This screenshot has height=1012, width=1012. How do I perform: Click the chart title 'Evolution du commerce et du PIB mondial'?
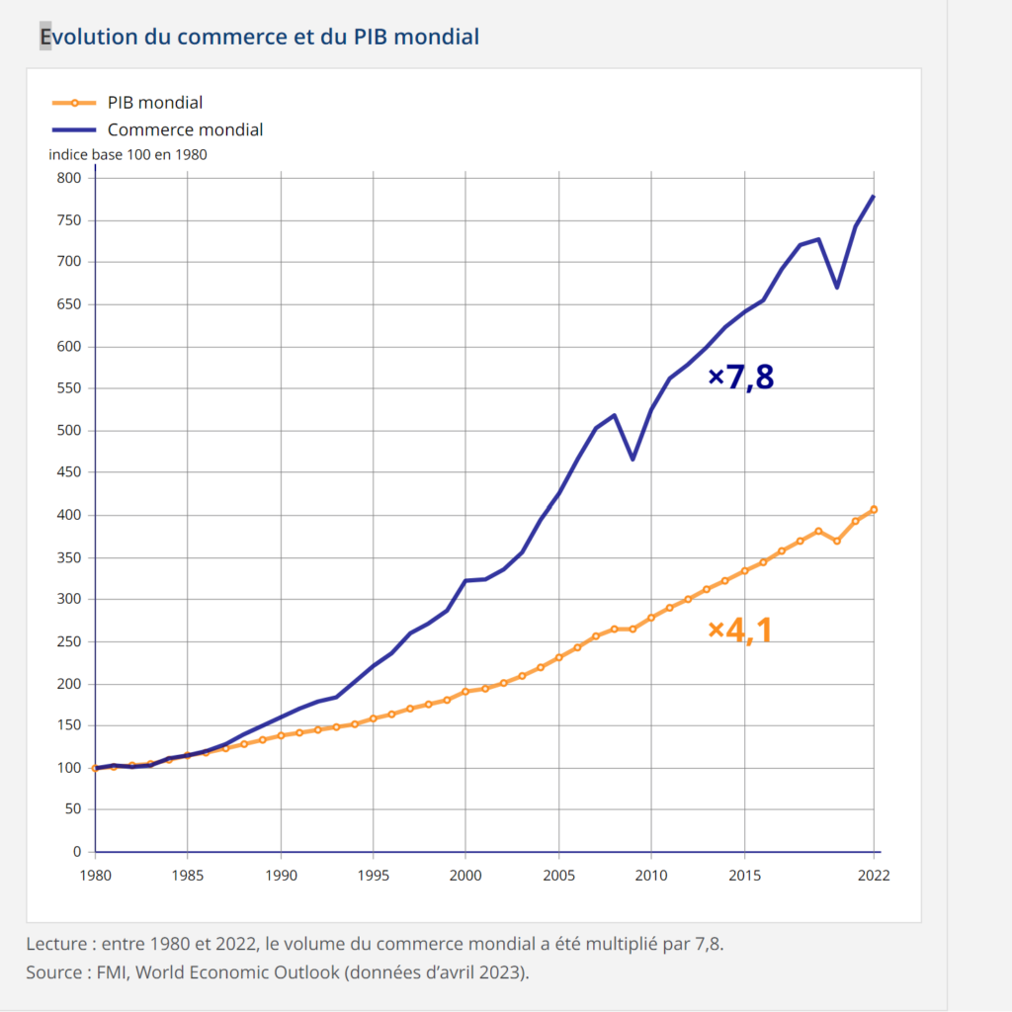(x=259, y=37)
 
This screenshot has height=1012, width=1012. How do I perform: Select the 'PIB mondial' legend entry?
(x=154, y=102)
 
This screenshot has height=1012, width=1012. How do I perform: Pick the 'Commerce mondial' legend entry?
(x=185, y=129)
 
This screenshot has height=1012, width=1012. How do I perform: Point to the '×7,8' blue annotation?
(x=741, y=377)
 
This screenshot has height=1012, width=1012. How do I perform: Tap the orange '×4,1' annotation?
(x=739, y=630)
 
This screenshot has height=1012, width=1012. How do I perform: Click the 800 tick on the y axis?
(x=68, y=178)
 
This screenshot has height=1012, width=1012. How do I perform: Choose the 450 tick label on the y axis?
(x=68, y=472)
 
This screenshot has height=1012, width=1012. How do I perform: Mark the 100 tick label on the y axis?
(x=68, y=768)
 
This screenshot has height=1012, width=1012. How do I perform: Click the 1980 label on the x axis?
(x=95, y=876)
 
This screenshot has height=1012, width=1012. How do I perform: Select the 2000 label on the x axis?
(x=465, y=876)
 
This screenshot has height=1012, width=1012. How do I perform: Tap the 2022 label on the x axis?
(x=874, y=876)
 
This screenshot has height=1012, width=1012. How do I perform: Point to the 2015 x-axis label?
(x=744, y=876)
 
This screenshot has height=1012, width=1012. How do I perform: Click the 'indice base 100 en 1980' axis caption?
(x=127, y=154)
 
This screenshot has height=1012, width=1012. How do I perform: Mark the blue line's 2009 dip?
(x=632, y=460)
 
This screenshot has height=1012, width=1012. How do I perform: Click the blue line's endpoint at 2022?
(x=874, y=196)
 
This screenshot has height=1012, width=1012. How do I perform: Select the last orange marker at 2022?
(x=874, y=510)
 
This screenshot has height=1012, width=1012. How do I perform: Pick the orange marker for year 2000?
(x=465, y=692)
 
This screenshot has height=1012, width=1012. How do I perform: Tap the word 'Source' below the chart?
(x=53, y=972)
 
